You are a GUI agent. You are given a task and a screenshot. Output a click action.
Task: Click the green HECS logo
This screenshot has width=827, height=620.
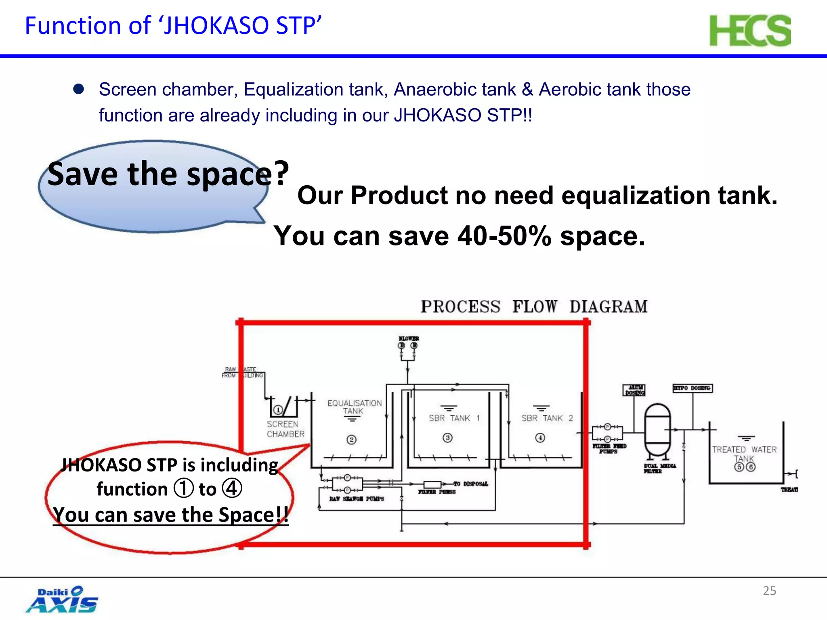click(750, 31)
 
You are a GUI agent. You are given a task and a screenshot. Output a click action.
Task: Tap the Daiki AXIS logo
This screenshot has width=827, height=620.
click(62, 599)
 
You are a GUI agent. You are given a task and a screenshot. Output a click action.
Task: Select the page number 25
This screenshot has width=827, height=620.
click(769, 591)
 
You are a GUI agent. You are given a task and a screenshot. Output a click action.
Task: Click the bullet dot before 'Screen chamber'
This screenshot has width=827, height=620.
click(78, 89)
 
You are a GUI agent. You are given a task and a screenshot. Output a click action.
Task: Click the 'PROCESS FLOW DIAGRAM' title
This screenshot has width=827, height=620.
click(534, 306)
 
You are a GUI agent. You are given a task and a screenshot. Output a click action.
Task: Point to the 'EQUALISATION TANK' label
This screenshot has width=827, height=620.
click(354, 407)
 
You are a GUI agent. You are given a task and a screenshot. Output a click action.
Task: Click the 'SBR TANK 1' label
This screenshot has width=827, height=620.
click(454, 418)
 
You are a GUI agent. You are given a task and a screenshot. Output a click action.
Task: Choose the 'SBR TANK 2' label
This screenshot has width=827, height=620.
click(547, 418)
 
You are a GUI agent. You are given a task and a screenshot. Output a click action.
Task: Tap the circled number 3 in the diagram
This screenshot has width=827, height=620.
click(447, 438)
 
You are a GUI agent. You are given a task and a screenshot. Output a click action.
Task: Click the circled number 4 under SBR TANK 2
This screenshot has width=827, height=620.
click(540, 438)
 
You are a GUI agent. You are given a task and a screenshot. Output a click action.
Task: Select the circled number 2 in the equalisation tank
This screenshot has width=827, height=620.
click(351, 440)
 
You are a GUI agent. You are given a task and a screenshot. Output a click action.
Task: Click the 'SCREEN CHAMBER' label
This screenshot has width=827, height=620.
click(285, 429)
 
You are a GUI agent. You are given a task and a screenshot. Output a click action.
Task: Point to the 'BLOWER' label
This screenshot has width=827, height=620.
click(409, 338)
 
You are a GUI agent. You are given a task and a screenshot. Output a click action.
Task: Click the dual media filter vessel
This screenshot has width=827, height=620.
click(657, 430)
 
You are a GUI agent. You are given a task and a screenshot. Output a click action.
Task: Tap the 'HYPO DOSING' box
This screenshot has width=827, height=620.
click(693, 388)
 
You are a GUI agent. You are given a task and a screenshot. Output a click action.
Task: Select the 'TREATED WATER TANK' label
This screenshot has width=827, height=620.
click(744, 453)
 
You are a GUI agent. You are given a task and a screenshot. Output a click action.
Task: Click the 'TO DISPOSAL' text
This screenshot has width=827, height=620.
click(470, 484)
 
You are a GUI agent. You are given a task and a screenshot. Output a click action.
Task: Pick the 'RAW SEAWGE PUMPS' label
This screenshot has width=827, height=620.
click(356, 499)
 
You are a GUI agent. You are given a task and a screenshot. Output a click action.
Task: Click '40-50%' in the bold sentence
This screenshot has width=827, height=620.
click(504, 236)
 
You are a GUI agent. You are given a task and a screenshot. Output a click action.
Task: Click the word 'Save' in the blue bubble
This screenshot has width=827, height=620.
click(83, 174)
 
